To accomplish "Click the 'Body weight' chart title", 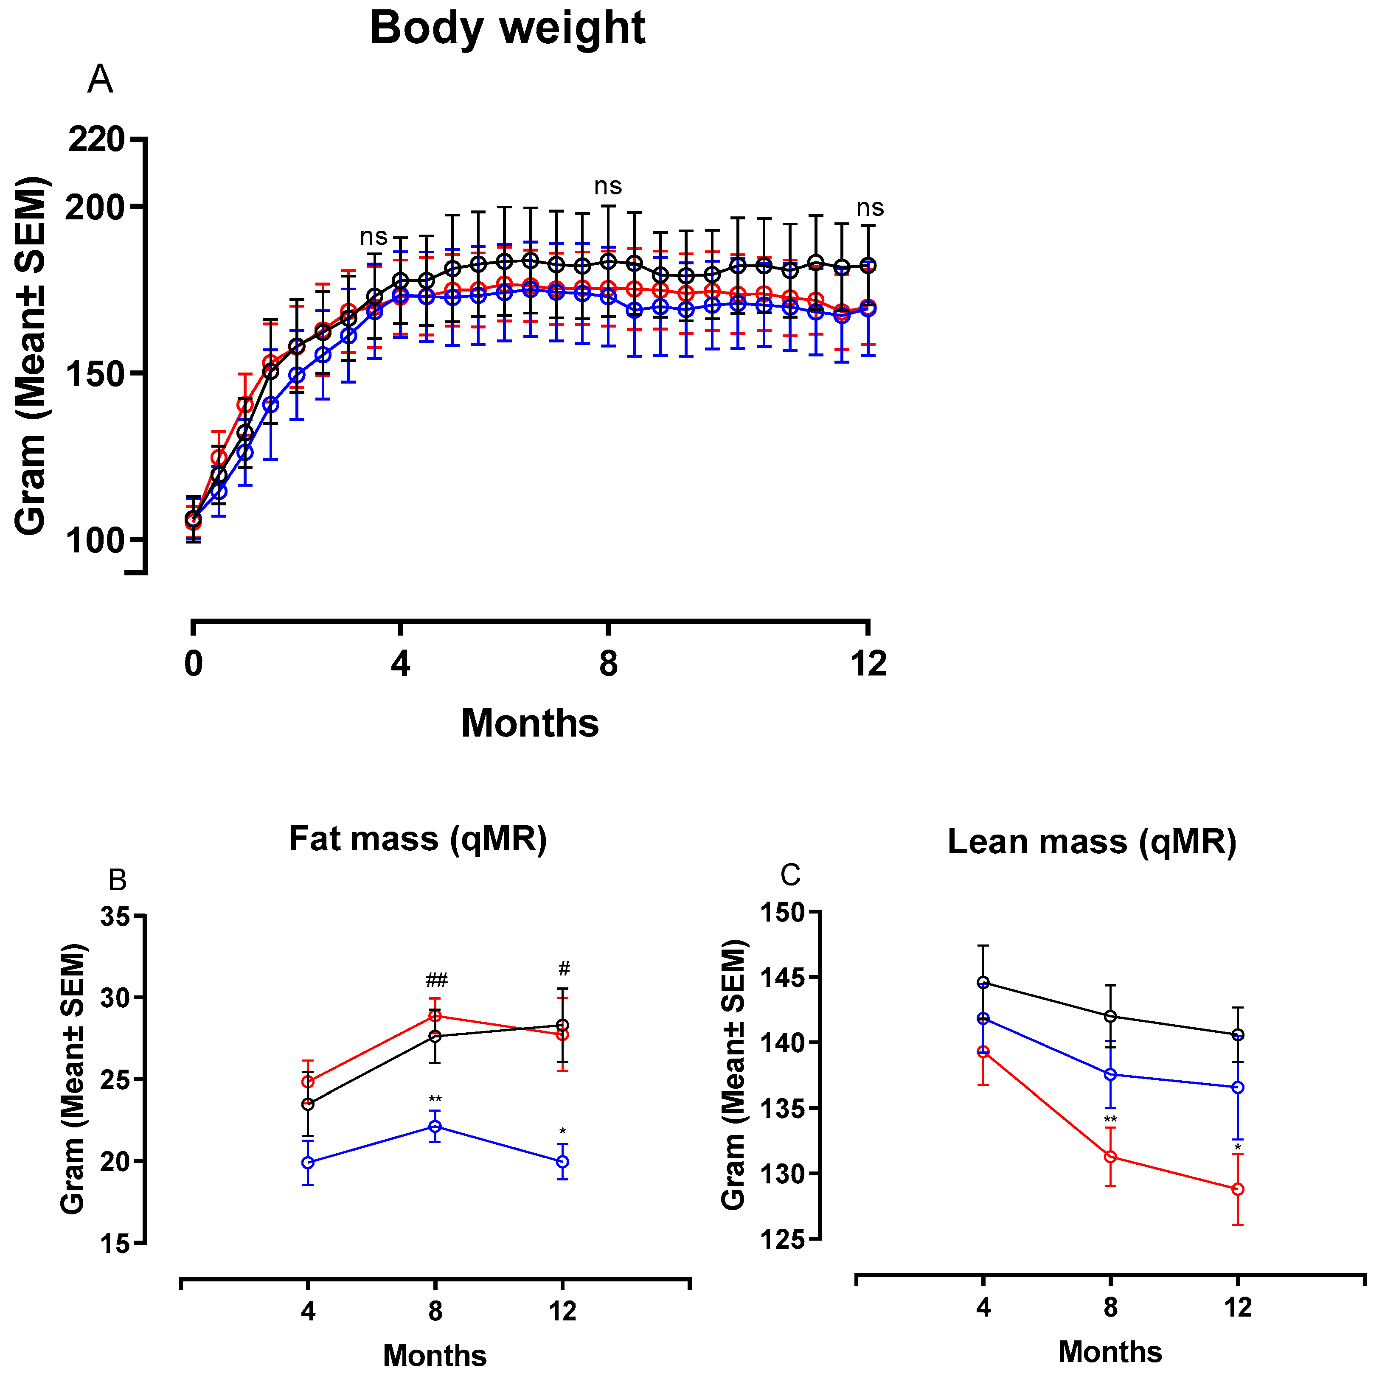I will pyautogui.click(x=507, y=28).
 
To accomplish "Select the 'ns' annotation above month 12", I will pyautogui.click(x=870, y=208).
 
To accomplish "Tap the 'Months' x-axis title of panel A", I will pyautogui.click(x=529, y=723).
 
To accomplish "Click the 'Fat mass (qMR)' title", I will pyautogui.click(x=418, y=839).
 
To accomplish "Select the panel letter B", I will pyautogui.click(x=117, y=880).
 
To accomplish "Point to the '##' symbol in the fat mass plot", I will pyautogui.click(x=436, y=979).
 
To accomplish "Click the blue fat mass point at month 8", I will pyautogui.click(x=435, y=1127).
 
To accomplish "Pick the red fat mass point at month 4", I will pyautogui.click(x=308, y=1082).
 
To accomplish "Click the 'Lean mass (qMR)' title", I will pyautogui.click(x=1092, y=842).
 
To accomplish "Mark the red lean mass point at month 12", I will pyautogui.click(x=1238, y=1189).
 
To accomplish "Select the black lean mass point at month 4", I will pyautogui.click(x=983, y=983).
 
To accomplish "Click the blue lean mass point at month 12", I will pyautogui.click(x=1238, y=1088).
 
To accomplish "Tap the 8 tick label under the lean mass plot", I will pyautogui.click(x=1110, y=1307).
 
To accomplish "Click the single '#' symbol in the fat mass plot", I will pyautogui.click(x=564, y=969).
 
